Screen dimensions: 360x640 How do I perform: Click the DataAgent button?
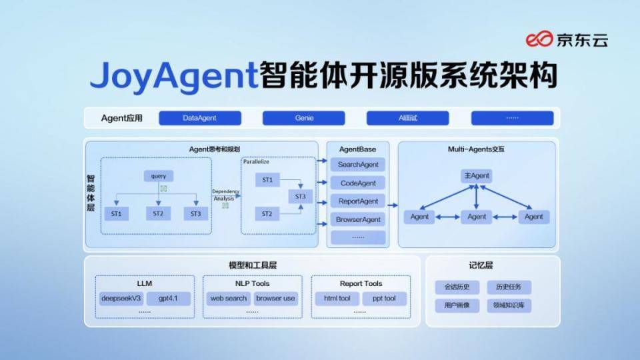coord(199,118)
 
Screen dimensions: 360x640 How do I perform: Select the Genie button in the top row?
coord(303,118)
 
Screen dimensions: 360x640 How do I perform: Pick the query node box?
coord(159,177)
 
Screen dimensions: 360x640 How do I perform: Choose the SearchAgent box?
coord(358,165)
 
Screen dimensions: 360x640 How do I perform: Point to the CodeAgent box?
coord(358,183)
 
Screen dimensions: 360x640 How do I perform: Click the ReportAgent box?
coord(358,201)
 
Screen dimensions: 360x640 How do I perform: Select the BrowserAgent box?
coord(358,219)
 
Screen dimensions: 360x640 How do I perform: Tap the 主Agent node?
coord(476,176)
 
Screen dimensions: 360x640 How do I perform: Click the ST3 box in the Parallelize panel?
coord(301,197)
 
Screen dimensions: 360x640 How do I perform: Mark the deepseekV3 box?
coord(121,298)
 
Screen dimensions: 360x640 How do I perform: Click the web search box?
coord(229,298)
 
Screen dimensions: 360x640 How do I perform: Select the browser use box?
coord(275,298)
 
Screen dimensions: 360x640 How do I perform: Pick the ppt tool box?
coord(384,298)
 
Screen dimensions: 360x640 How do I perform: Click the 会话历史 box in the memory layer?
coord(457,287)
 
